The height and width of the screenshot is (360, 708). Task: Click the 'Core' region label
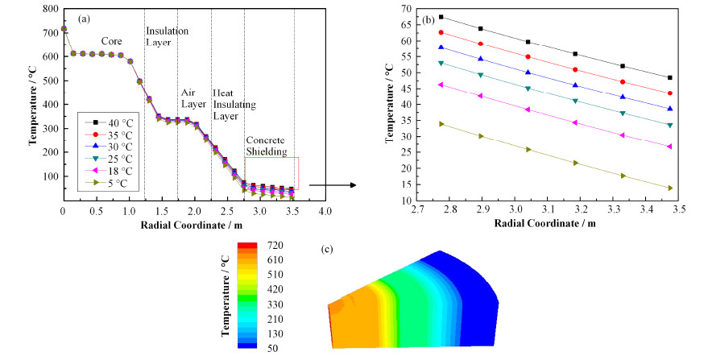tap(112, 40)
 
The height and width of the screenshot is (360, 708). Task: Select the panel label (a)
tap(84, 17)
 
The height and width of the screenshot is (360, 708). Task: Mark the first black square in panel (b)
tap(441, 17)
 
